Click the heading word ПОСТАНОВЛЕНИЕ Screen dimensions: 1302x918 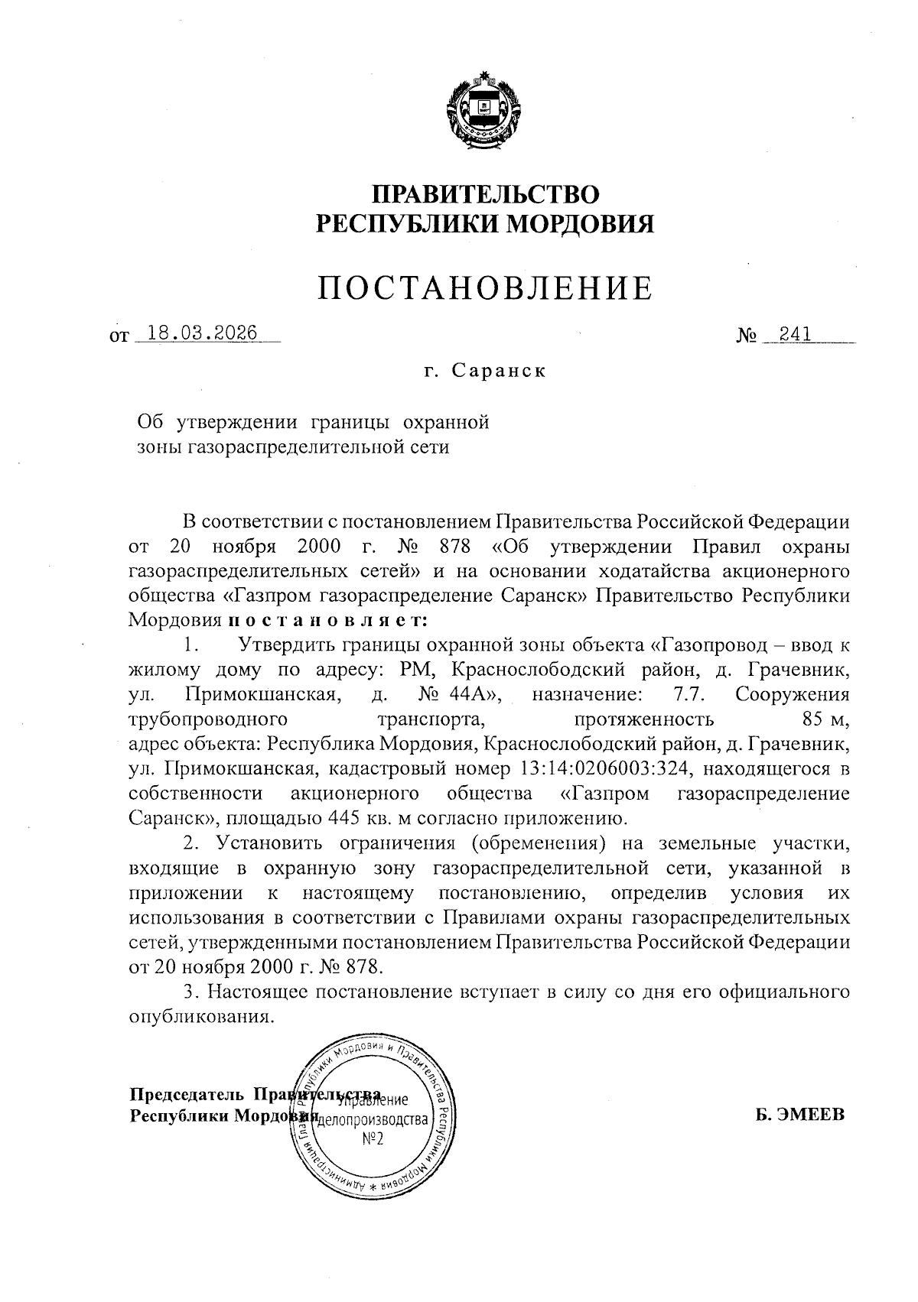486,287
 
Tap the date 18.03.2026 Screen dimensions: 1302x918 202,333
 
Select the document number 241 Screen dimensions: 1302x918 796,333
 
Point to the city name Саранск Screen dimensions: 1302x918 497,372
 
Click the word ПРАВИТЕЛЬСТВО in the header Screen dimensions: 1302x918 486,193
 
